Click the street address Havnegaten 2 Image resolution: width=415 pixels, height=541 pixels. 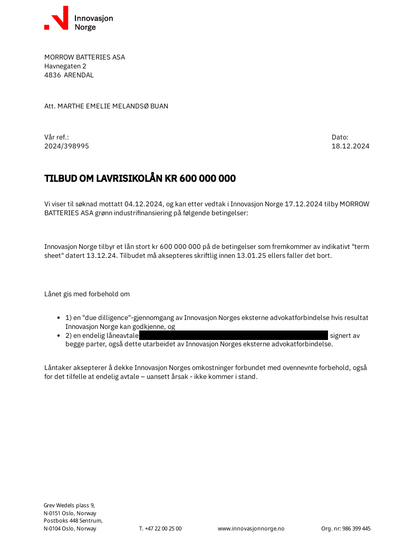pyautogui.click(x=65, y=66)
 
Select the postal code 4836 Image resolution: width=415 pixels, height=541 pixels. pyautogui.click(x=52, y=75)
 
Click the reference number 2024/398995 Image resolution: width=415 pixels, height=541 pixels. pyautogui.click(x=66, y=146)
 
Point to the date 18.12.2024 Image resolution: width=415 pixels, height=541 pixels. pyautogui.click(x=350, y=146)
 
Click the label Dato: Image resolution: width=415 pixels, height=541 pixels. pyautogui.click(x=340, y=137)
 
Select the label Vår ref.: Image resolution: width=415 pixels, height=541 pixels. pyautogui.click(x=56, y=137)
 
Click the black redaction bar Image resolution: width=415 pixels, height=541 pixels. pyautogui.click(x=234, y=335)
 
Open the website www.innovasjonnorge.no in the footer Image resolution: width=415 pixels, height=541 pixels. pyautogui.click(x=250, y=528)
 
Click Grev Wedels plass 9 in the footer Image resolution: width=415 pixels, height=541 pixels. pyautogui.click(x=69, y=505)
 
